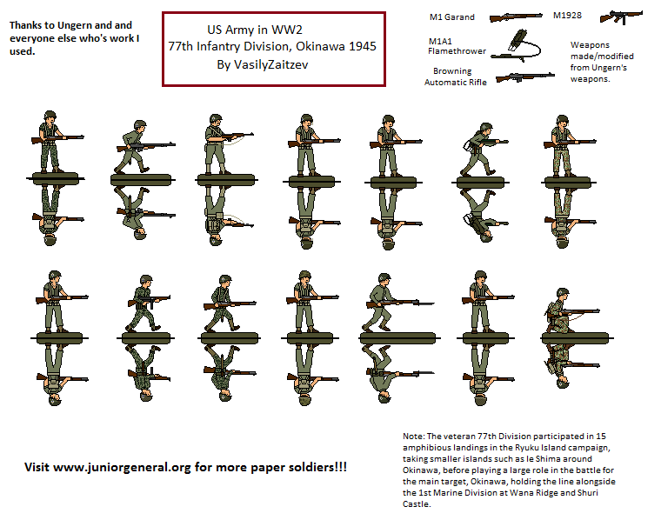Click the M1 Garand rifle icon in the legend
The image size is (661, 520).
click(x=516, y=17)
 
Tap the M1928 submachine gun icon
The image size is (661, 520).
click(x=620, y=17)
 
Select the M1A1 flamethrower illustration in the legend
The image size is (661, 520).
click(x=516, y=45)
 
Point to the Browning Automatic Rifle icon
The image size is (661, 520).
click(x=524, y=77)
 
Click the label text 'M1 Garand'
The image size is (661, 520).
click(x=452, y=17)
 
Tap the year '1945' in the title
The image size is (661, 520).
click(x=363, y=46)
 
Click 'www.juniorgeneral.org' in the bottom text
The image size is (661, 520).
click(x=123, y=467)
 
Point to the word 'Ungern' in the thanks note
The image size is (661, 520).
click(x=72, y=25)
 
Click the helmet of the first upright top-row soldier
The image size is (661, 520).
click(x=50, y=115)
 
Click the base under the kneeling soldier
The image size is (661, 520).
click(x=576, y=338)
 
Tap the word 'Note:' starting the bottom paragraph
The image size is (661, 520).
click(x=413, y=437)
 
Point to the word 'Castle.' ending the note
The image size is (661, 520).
click(x=417, y=504)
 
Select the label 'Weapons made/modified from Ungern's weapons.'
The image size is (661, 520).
click(x=602, y=62)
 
